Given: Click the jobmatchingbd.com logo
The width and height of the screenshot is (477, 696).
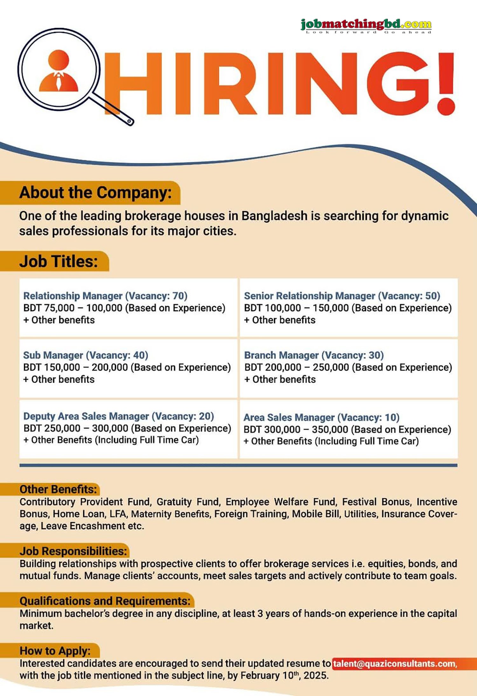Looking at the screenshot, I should (366, 25).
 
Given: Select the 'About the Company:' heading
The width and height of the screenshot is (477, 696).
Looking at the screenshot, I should (95, 193).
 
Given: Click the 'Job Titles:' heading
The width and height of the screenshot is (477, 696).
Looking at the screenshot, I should (59, 261).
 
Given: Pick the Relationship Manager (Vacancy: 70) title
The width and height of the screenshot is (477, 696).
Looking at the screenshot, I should (105, 296).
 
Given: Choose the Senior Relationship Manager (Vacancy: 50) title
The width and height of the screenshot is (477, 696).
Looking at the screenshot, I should (342, 296).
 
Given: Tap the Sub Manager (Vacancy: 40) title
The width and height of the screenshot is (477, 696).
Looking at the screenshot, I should (86, 355).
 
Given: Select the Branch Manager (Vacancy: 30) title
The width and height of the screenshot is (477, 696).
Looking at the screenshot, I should (314, 355).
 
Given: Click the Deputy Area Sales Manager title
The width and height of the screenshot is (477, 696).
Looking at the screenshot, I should (119, 416).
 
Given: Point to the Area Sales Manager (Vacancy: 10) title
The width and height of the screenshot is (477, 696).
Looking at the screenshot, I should (321, 417).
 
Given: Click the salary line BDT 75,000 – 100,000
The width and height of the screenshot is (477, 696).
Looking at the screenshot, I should (124, 308).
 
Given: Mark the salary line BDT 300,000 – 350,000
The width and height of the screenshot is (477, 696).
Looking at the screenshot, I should (347, 429).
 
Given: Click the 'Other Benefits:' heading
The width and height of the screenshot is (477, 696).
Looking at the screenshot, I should (58, 489).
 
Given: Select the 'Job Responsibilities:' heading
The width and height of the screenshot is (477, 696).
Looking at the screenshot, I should (73, 551).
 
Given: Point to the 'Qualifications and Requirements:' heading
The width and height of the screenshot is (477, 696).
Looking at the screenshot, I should (105, 601).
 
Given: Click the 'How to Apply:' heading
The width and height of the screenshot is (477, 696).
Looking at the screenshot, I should (55, 651).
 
